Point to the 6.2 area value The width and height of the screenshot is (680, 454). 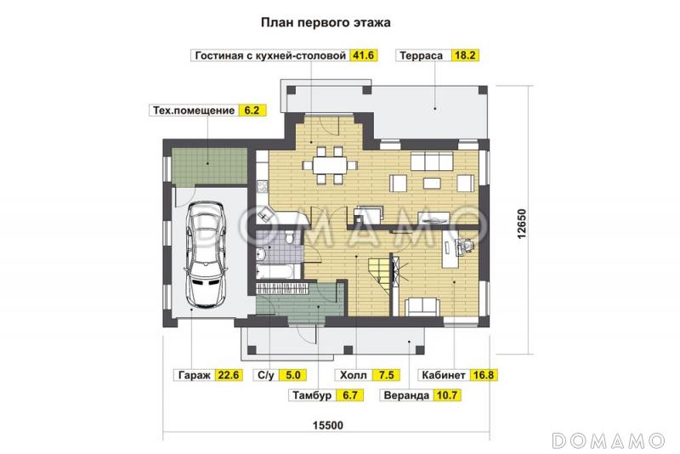250,110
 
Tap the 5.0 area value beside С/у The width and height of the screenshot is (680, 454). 292,374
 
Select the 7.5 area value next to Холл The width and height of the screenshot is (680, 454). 384,374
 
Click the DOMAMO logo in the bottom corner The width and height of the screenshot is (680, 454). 608,440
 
